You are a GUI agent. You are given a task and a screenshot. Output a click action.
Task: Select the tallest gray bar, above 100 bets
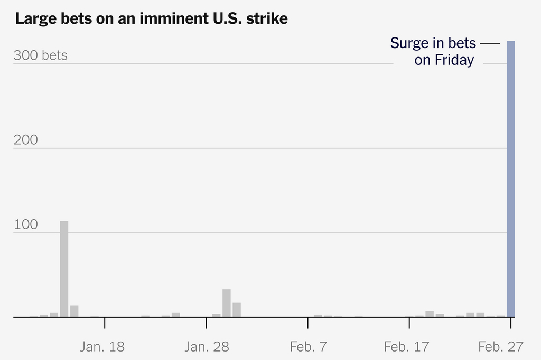[x=64, y=269]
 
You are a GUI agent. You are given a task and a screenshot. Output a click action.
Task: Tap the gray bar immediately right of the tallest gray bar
[x=74, y=311]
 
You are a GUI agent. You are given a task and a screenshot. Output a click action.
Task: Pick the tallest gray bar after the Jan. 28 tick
[x=227, y=303]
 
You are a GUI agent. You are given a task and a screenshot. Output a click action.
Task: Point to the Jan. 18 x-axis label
[x=102, y=347]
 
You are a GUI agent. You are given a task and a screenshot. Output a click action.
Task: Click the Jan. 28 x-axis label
[x=207, y=347]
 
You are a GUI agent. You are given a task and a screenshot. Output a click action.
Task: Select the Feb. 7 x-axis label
[x=309, y=347]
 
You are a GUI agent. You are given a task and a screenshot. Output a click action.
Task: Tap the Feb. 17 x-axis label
[x=407, y=347]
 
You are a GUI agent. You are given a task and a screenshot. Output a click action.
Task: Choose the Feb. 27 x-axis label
[x=501, y=347]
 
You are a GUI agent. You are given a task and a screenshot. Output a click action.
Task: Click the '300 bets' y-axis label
[x=41, y=55]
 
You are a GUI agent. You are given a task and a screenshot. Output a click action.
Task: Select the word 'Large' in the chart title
[x=34, y=19]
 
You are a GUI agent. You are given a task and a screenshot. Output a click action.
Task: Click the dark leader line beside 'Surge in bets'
[x=490, y=43]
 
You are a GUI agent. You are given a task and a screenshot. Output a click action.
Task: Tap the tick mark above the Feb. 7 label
[x=307, y=323]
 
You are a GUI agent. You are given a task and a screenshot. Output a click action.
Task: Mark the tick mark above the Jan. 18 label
[x=105, y=323]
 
